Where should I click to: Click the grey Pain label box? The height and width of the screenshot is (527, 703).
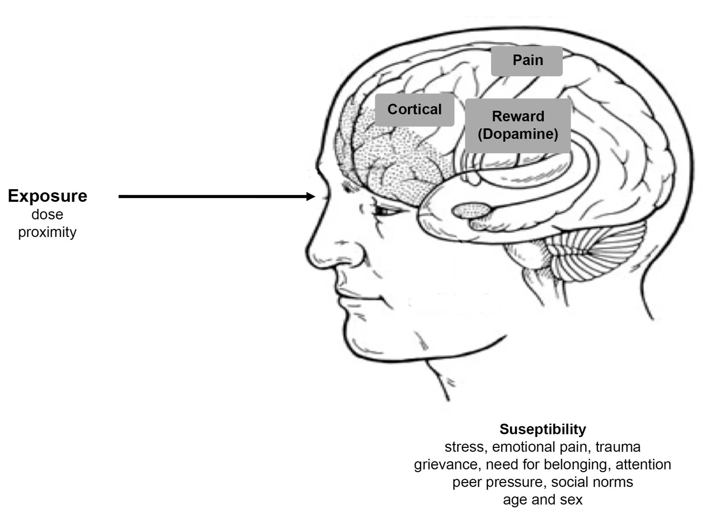click(526, 61)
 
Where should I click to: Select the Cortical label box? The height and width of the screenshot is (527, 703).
click(414, 110)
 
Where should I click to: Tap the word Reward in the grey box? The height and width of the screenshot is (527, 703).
click(518, 116)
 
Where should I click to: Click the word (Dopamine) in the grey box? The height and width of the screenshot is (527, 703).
click(518, 134)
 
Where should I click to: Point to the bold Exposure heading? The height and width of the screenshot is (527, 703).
click(47, 196)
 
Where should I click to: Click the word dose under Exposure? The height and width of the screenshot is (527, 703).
click(47, 214)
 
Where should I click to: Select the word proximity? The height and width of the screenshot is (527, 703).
click(47, 232)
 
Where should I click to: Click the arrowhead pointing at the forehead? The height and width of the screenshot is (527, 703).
click(311, 197)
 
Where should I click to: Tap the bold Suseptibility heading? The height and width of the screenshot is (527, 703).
click(543, 429)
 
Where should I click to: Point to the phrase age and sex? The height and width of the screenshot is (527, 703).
click(543, 500)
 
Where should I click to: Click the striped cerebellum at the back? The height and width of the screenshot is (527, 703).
click(598, 253)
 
